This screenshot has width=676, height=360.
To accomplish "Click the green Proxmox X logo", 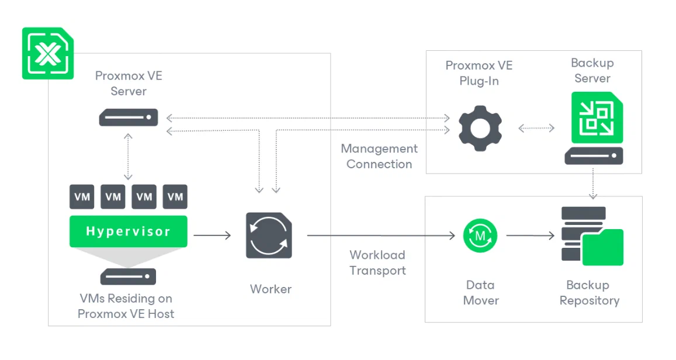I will [x=48, y=53].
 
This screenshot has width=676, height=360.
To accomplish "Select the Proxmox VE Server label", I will [x=129, y=84].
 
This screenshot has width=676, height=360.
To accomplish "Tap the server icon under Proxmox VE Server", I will [x=129, y=117].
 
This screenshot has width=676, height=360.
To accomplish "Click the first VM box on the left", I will [x=82, y=197].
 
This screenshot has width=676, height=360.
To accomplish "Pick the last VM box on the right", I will [x=175, y=197].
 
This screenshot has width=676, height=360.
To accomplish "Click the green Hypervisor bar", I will [x=129, y=231].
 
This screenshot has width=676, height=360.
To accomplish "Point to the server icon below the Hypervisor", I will [x=129, y=276].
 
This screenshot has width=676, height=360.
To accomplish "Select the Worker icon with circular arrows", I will [x=269, y=236].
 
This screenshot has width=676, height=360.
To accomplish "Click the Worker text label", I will [x=271, y=289].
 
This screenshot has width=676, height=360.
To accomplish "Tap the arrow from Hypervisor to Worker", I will [x=212, y=236].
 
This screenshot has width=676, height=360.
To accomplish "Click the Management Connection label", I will [x=379, y=157].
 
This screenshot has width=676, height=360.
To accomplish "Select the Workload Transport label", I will [x=377, y=263].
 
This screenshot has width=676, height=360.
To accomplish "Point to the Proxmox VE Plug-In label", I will [x=479, y=74].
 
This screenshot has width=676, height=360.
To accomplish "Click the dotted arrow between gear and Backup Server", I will [x=536, y=127].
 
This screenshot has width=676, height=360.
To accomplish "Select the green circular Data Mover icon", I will [x=480, y=236].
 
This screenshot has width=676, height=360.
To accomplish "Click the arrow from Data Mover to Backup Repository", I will [x=530, y=236].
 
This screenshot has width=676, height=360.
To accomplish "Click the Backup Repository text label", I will [x=589, y=293].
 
